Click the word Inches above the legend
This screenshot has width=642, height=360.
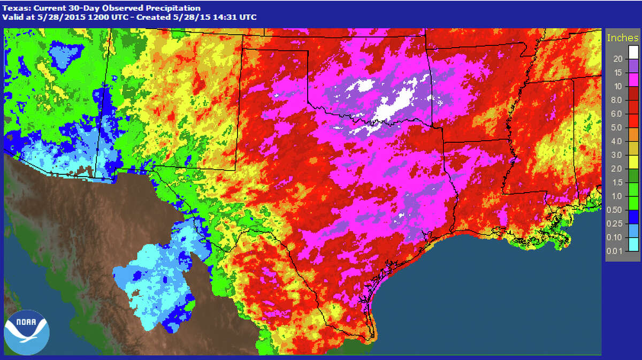(622, 38)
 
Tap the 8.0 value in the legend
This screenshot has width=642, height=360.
(616, 100)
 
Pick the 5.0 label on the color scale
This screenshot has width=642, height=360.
(616, 128)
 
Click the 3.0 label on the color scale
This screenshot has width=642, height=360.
(616, 155)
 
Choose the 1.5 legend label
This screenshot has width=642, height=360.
(616, 182)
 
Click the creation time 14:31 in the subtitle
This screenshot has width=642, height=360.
(225, 17)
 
